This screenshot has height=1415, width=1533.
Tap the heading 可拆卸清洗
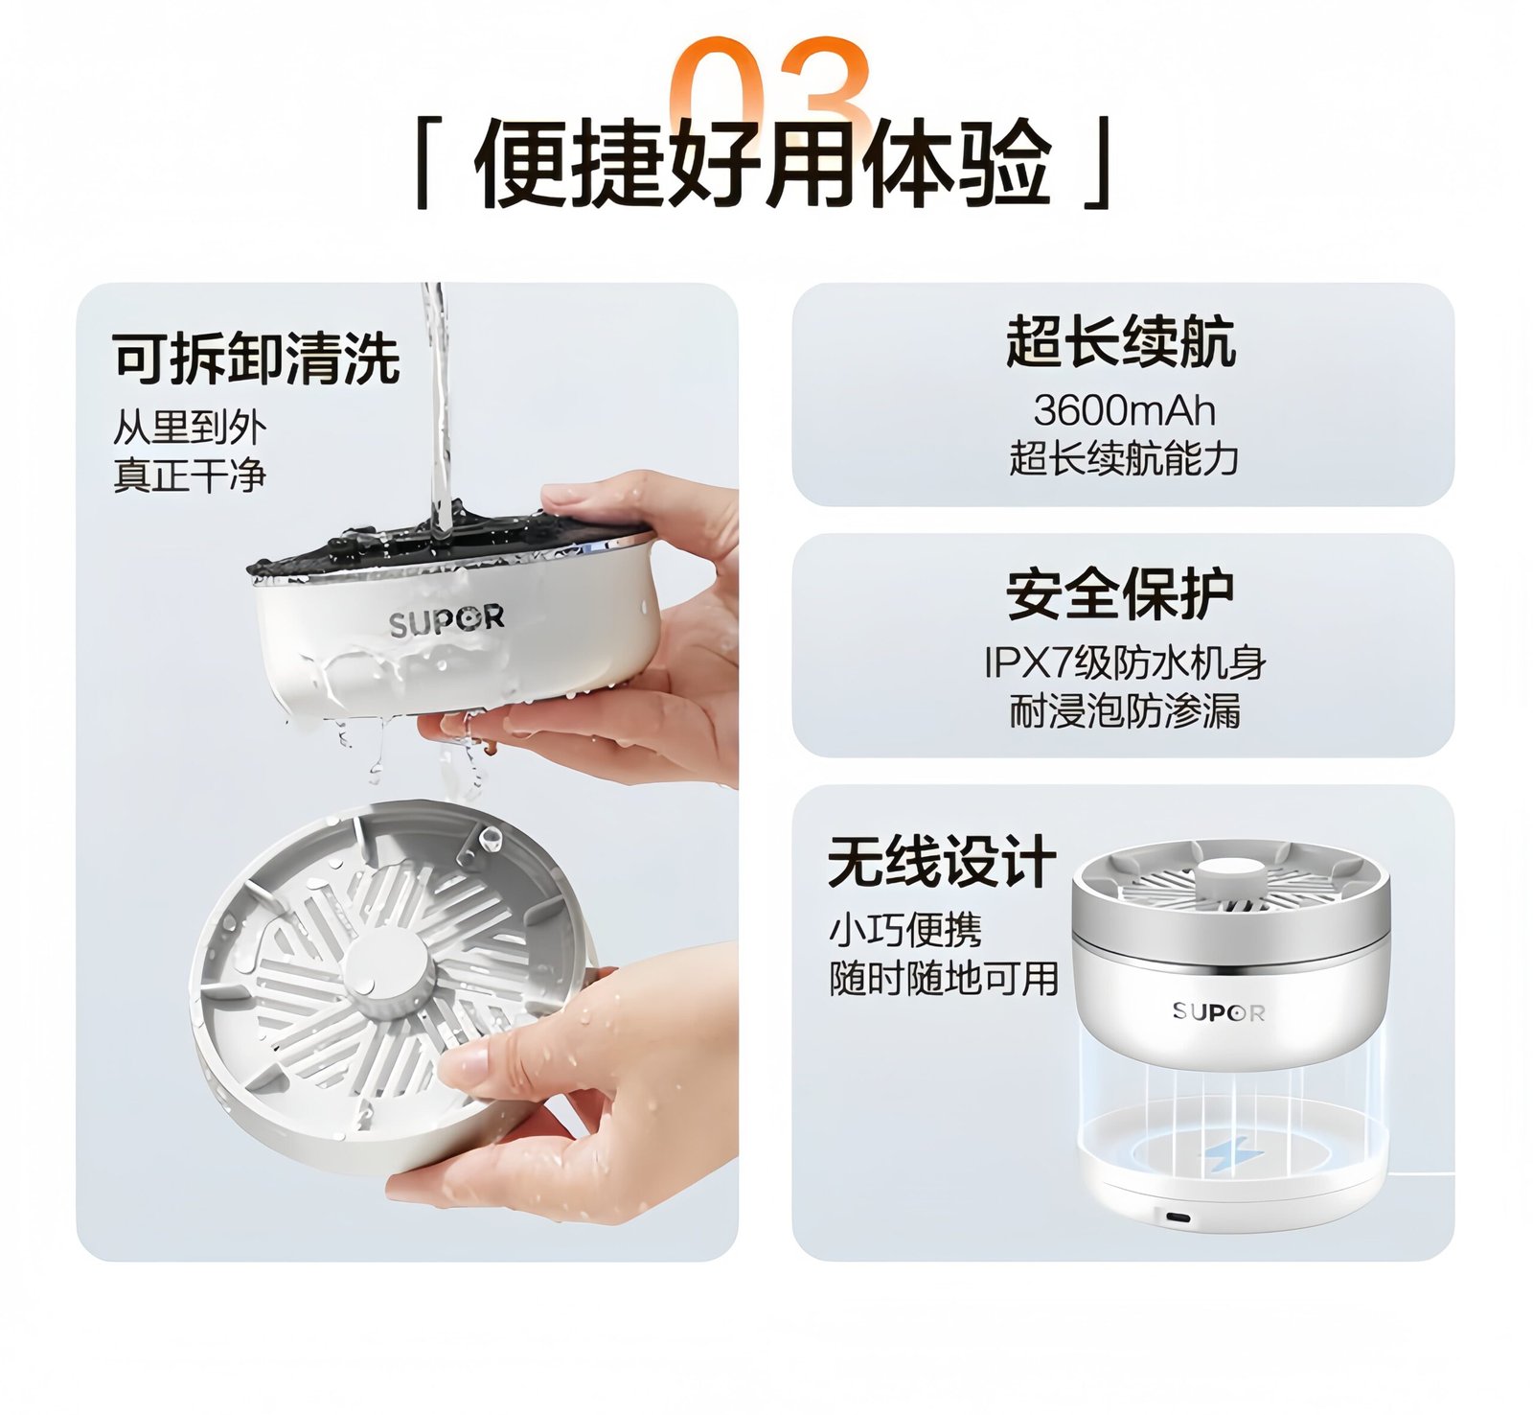click(255, 359)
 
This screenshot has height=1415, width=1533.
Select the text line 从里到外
click(189, 428)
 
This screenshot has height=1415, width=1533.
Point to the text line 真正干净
click(189, 476)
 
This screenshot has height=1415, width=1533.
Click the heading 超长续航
click(1120, 342)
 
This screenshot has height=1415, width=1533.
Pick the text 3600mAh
click(1124, 411)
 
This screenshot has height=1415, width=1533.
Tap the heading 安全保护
click(1120, 594)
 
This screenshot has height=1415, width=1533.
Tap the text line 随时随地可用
click(943, 979)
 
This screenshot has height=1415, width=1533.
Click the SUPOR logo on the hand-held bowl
click(446, 621)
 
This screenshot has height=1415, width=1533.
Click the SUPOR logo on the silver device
click(1218, 1012)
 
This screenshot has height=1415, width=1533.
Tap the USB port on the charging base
click(1178, 1218)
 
